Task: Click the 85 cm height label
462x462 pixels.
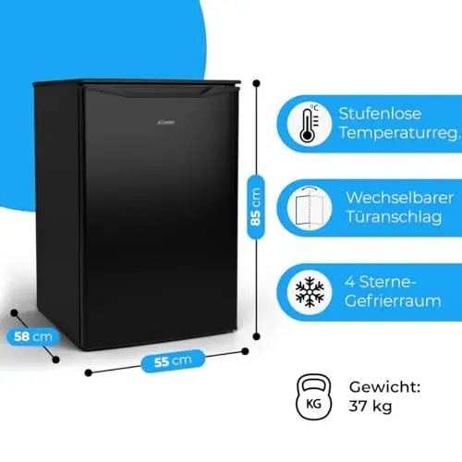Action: point(256,207)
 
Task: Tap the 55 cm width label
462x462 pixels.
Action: point(173,361)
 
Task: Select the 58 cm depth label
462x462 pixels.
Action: point(33,336)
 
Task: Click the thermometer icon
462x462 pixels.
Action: point(310,124)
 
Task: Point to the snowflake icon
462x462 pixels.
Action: point(310,292)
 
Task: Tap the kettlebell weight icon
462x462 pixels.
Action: point(313,397)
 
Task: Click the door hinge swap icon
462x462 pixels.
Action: point(310,207)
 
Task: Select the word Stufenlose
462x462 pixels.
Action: point(380,114)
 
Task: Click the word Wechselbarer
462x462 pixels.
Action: point(399,198)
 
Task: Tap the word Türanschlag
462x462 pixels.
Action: point(394,216)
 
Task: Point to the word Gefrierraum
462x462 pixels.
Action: point(393,300)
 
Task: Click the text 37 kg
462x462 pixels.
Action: point(371,407)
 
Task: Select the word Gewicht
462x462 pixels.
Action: point(384,387)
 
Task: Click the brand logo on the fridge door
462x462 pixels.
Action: point(166,122)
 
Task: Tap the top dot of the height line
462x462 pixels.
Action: point(256,83)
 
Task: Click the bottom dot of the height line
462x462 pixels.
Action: point(256,336)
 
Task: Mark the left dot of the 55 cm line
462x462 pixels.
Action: point(89,372)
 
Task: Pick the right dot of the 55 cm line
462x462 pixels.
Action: point(245,351)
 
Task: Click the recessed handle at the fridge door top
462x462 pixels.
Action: point(160,92)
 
